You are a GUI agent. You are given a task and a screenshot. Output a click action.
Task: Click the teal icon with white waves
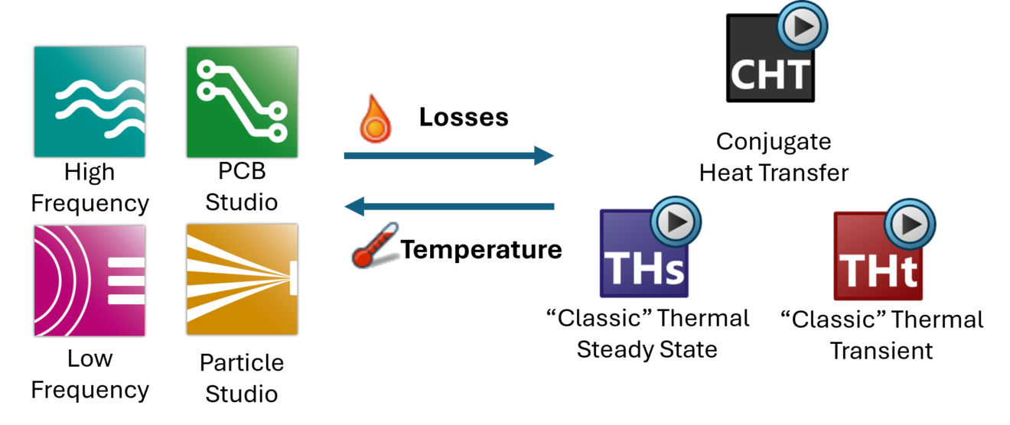pos(90,102)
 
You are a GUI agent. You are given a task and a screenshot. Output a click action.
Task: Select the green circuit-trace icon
pos(242,102)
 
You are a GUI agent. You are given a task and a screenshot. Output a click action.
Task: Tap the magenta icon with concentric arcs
pos(90,280)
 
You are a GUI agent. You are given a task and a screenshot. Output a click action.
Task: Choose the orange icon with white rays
pos(242,280)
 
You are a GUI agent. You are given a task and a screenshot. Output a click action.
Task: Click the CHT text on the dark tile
pos(769,74)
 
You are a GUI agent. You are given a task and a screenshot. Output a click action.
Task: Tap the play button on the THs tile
pos(676,222)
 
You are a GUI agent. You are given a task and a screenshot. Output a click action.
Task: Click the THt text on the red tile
pos(878,270)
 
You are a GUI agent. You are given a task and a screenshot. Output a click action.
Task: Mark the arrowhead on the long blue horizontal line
pos(539,156)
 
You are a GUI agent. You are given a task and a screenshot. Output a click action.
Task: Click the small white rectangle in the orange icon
pos(293,280)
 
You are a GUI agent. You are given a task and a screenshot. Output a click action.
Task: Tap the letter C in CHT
pos(744,75)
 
